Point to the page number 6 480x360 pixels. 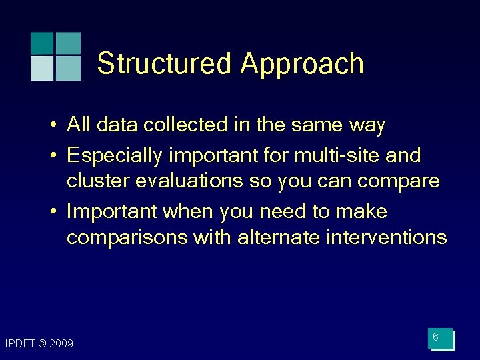point(435,338)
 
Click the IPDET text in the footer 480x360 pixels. point(19,344)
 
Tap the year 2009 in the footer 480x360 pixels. point(61,344)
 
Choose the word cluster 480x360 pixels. point(91,181)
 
